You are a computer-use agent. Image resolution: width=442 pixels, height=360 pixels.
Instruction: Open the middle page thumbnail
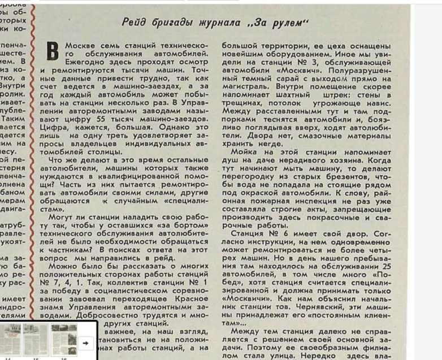34,339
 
